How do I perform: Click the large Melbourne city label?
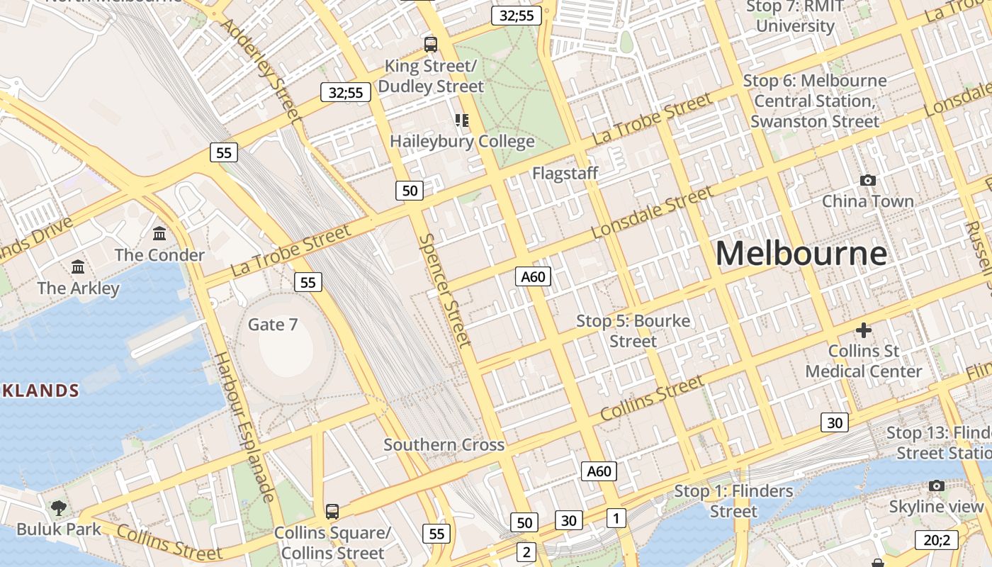coord(801,254)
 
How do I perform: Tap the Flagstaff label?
coord(565,173)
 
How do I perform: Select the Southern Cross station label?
coord(444,445)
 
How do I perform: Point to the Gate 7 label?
coord(273,325)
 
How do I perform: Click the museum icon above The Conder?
coord(159,233)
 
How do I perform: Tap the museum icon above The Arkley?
coord(78,267)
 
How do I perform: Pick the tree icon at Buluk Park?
coord(58,507)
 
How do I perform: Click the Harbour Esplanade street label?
coord(244,427)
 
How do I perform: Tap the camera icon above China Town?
coord(867,181)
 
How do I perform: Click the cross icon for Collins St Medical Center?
coord(863,330)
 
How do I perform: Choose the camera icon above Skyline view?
coord(937,486)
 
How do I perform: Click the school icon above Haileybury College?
coord(462,120)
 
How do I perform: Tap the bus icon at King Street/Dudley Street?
coord(430,45)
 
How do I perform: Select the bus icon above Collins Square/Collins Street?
coord(332,511)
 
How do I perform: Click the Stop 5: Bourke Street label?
coord(633,331)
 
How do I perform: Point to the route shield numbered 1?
coord(616,518)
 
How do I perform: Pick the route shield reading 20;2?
coord(937,540)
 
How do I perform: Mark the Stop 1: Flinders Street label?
coord(733,501)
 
